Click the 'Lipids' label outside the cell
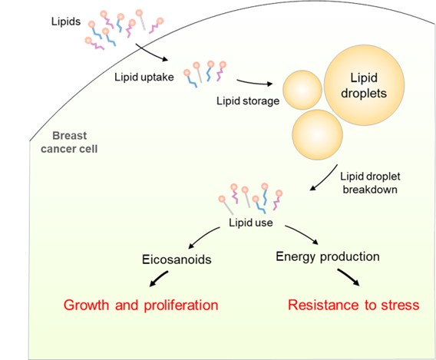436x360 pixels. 66,21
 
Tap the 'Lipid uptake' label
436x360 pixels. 144,77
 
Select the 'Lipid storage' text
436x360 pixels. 248,101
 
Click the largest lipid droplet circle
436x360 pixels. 364,85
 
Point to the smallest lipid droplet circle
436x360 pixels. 302,90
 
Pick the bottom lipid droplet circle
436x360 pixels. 317,135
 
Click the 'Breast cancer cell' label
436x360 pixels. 69,142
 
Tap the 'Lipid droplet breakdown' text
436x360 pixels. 370,183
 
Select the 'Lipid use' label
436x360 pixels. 251,223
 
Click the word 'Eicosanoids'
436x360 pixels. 177,259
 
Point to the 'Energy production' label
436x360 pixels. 328,256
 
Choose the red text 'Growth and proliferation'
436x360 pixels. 140,305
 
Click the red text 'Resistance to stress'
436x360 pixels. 353,305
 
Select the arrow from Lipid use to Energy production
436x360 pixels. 302,233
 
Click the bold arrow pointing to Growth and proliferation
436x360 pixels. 159,279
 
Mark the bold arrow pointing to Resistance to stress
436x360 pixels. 348,277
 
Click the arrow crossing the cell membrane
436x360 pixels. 151,53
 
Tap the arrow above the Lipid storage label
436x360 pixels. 254,83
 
